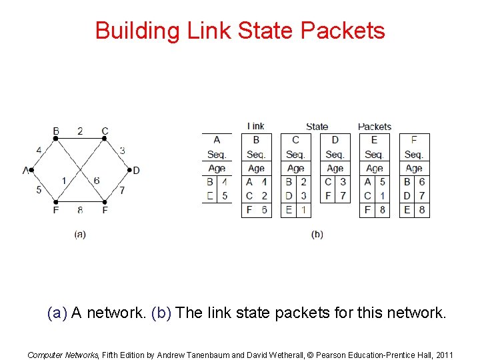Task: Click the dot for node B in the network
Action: pos(56,138)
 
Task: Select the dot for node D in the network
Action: pos(128,170)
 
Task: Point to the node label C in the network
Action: pos(105,131)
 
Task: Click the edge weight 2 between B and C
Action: pos(80,131)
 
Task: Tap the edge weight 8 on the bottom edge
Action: pos(80,210)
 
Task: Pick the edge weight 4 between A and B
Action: pos(39,151)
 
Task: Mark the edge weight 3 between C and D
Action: pos(122,151)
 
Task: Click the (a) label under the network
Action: pos(80,234)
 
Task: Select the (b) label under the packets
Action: pos(317,234)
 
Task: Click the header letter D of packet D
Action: pos(335,140)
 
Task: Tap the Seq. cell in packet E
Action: pos(374,155)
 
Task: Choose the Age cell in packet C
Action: pos(295,169)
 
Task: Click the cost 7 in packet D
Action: pos(343,196)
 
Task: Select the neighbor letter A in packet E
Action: pos(367,182)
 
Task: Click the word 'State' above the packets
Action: pos(317,126)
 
